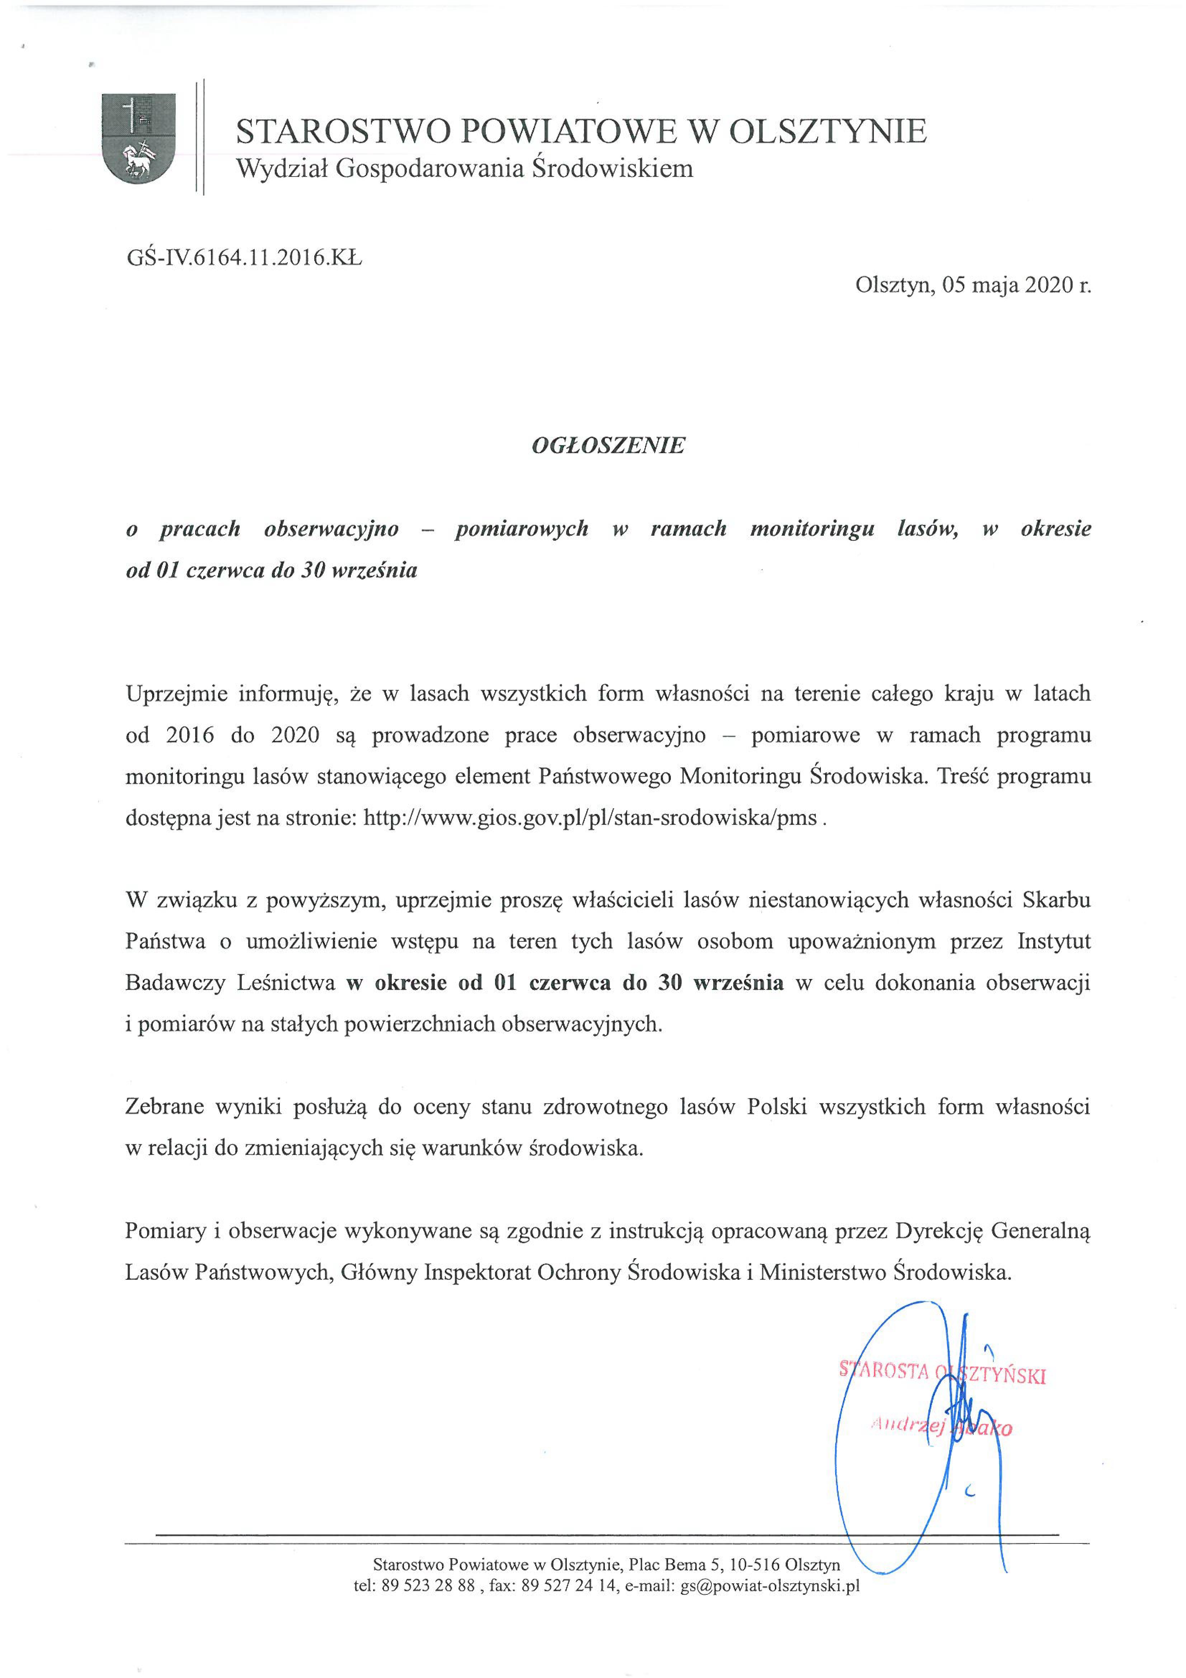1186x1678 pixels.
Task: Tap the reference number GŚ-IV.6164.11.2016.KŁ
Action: [244, 258]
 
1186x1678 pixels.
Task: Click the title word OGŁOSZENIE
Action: [608, 445]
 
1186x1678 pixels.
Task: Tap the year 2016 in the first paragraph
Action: [190, 735]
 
